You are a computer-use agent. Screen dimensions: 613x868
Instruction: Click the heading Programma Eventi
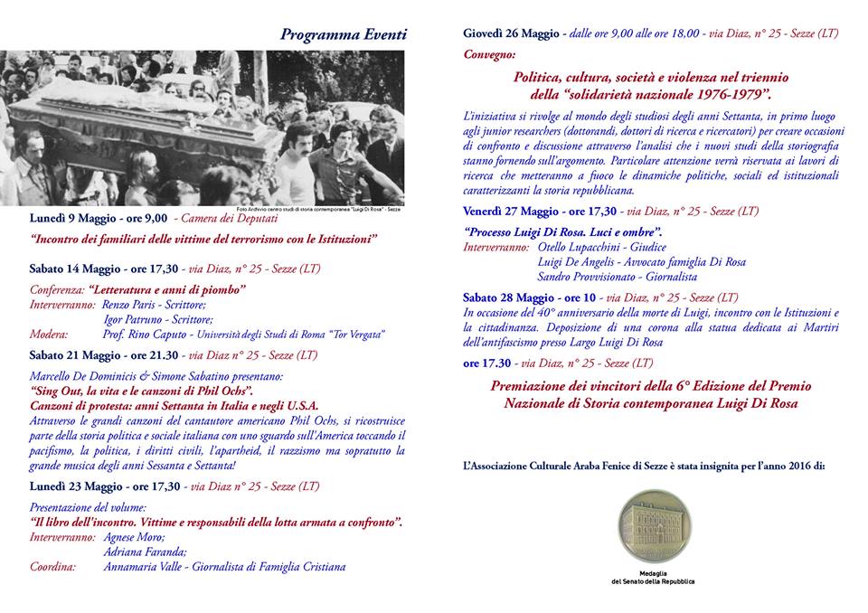(343, 35)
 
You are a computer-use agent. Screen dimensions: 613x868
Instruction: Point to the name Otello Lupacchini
(575, 247)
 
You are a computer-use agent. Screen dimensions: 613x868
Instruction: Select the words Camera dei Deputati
(226, 218)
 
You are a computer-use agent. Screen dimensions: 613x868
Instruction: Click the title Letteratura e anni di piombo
(168, 290)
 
